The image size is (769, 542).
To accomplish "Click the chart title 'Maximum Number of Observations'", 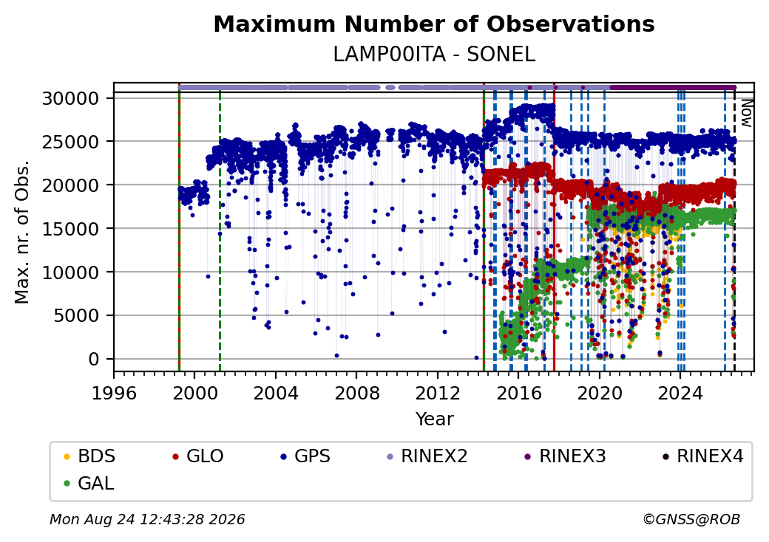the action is pos(434,24).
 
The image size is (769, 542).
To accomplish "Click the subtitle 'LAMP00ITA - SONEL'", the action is pos(434,55).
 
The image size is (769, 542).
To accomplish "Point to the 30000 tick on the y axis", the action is pos(71,98).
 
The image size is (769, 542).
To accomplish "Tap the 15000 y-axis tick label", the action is pos(71,229).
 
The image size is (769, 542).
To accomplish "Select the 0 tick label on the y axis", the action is pos(94,360).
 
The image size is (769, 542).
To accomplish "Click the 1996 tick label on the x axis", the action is pos(114,393).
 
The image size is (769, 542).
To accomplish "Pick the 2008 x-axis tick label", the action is pos(356,393).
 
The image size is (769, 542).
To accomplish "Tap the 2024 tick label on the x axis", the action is pos(680,393).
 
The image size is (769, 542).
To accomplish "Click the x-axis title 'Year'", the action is pos(435,419).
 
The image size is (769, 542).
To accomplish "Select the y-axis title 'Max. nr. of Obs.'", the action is pos(22,232).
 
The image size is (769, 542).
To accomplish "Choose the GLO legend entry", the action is pos(198,456).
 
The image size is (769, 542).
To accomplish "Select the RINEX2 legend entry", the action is pos(427,456).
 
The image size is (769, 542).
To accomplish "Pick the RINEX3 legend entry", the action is pos(566,456).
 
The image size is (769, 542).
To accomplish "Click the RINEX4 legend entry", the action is pos(703,456).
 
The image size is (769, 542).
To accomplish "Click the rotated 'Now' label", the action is pos(747,113).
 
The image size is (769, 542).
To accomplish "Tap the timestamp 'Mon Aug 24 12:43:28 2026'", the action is pos(147,519).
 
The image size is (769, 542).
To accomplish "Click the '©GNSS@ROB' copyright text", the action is pos(691,519).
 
